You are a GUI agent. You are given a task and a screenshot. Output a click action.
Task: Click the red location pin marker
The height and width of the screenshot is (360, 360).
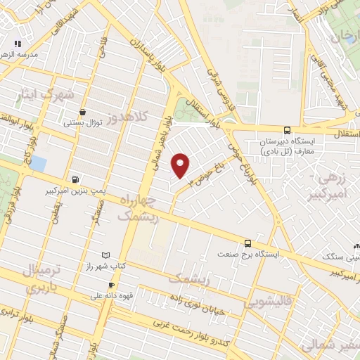[x=180, y=165]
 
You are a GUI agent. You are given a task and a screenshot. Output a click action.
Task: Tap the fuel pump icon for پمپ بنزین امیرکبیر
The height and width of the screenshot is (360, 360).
[x=76, y=179]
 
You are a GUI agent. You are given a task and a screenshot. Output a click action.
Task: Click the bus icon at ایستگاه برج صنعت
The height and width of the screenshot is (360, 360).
[x=247, y=243]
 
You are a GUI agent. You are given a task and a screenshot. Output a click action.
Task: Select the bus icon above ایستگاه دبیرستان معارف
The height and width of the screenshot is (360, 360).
[x=286, y=130]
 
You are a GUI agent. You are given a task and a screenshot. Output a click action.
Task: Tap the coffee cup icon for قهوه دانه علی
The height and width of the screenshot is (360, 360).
[x=91, y=285]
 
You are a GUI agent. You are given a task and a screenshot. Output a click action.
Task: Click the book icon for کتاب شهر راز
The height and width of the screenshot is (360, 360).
[x=106, y=254]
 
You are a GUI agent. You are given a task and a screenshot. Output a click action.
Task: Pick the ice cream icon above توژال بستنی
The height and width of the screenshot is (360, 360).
[x=83, y=111]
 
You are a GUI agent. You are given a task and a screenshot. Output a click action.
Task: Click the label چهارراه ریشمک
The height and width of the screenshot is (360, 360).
[x=139, y=208]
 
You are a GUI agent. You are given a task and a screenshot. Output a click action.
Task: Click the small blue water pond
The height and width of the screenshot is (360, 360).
[x=38, y=164]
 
